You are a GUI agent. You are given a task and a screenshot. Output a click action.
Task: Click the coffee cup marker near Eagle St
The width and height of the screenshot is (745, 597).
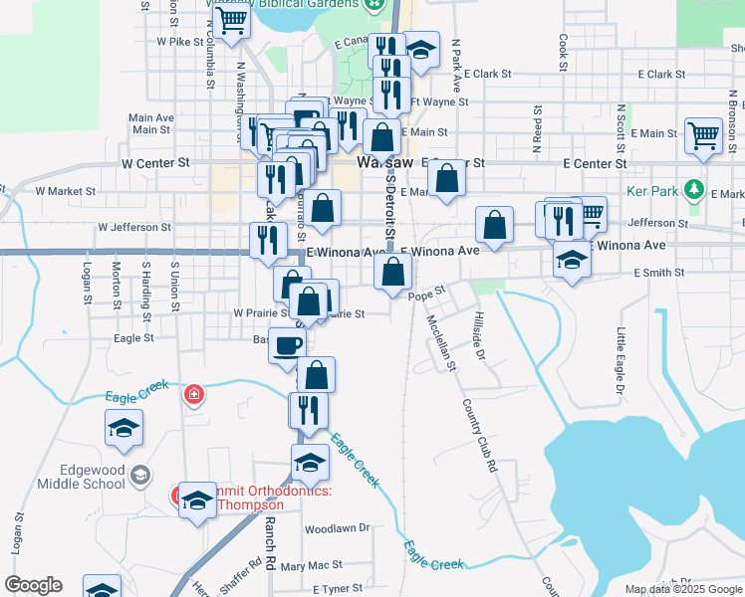click(288, 345)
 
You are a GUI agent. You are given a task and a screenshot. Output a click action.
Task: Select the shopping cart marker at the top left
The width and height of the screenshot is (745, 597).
click(231, 20)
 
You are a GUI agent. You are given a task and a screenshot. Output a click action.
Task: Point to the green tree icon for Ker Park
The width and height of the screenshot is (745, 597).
click(694, 189)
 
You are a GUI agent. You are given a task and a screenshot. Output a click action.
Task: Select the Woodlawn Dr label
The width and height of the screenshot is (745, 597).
click(337, 528)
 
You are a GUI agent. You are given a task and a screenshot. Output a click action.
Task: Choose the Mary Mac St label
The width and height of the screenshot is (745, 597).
click(312, 566)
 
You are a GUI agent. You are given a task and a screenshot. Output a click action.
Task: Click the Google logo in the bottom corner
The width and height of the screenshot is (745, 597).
click(33, 585)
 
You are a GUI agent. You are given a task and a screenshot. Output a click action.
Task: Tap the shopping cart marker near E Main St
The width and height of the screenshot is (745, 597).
click(703, 135)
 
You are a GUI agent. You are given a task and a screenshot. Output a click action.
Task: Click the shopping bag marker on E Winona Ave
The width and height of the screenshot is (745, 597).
click(394, 270)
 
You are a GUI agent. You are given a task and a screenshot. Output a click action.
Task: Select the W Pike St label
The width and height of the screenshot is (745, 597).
click(179, 43)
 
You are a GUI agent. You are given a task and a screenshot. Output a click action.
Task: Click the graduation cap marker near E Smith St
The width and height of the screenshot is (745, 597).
click(572, 260)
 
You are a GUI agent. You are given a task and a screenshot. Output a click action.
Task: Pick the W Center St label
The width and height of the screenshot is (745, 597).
click(155, 162)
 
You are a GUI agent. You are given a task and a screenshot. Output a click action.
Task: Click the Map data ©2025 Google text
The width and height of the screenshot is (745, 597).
click(683, 590)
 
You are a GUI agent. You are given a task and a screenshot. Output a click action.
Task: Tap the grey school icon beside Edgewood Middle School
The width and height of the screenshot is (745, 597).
click(139, 475)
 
